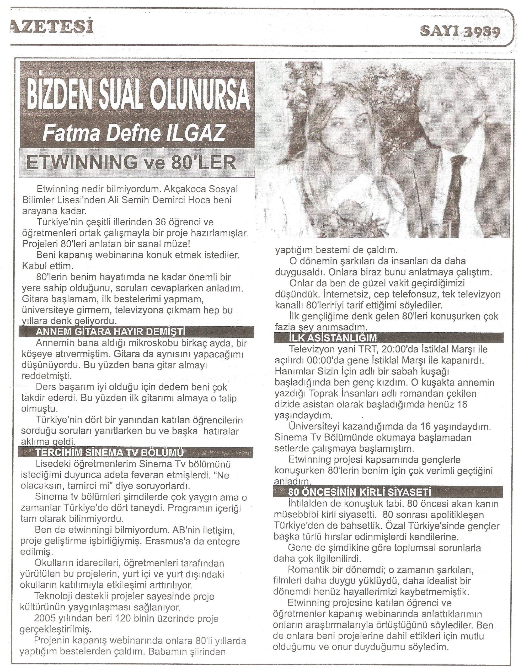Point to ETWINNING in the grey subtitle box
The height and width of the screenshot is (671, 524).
point(82,163)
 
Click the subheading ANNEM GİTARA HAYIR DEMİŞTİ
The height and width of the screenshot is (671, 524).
point(111,332)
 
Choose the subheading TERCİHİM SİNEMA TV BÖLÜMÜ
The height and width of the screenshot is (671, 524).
point(109,453)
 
